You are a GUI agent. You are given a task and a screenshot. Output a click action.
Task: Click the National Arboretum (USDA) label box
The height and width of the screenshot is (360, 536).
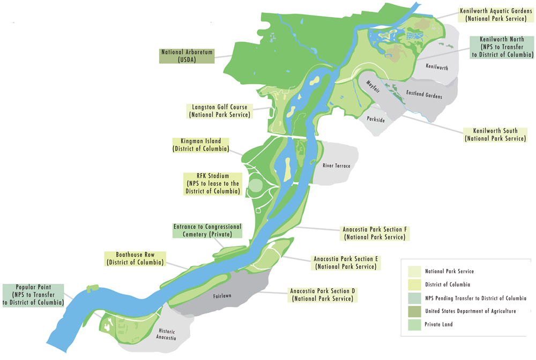[188, 56]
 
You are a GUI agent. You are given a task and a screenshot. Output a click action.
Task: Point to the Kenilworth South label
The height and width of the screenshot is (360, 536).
[495, 134]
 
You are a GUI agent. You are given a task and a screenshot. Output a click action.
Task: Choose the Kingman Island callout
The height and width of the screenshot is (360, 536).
[200, 145]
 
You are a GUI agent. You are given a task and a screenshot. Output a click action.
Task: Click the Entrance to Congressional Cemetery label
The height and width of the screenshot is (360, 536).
[207, 230]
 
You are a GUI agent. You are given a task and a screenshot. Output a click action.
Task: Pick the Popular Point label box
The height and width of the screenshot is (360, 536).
[33, 295]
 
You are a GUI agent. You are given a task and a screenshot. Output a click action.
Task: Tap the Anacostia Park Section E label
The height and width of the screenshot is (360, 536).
[346, 262]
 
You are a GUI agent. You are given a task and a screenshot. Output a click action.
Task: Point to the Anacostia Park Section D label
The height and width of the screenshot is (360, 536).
[322, 295]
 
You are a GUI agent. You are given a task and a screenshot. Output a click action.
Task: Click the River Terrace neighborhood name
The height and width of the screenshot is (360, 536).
[336, 166]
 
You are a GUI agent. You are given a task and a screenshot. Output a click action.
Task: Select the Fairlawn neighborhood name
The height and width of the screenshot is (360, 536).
[221, 296]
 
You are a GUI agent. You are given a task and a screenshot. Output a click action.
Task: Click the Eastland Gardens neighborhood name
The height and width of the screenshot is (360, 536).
[424, 96]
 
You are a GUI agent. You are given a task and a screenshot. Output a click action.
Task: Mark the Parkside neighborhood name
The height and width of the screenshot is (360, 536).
[376, 119]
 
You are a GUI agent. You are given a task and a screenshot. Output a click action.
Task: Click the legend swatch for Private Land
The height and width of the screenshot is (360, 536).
[414, 324]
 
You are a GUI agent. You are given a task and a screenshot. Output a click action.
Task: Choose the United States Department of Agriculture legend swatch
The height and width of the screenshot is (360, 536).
[414, 311]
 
